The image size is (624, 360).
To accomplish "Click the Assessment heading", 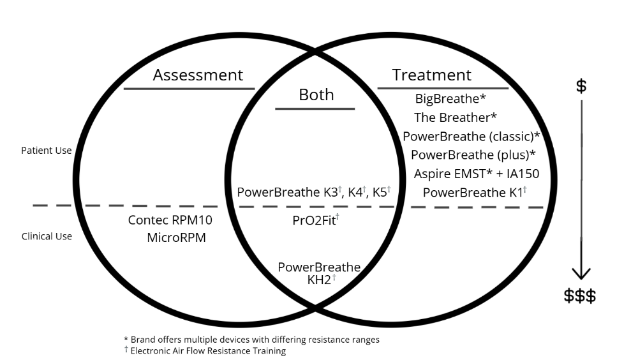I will coord(198,75).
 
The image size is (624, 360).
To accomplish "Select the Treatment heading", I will coord(431,75).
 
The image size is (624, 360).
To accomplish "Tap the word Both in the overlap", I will coord(316,95).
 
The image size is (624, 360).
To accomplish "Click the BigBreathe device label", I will coord(450,99).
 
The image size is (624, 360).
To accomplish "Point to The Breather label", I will coord(455,117).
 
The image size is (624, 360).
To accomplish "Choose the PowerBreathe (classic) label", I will coord(472,136).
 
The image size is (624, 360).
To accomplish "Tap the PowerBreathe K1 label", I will coord(475,192).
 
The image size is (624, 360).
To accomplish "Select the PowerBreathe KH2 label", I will coord(318,273).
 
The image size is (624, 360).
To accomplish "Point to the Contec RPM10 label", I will coord(170,221).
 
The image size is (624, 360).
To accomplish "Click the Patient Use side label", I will coord(47,151).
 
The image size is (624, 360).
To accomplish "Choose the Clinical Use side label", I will coord(47,236).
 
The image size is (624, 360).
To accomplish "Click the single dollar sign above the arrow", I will coord(581,86).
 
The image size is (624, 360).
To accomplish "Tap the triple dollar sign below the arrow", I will coord(580,296).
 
